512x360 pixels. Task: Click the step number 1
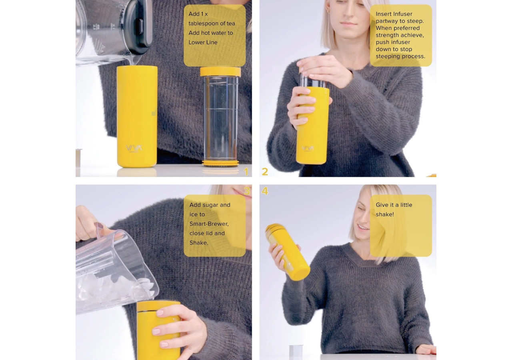246,172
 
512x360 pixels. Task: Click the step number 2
265,172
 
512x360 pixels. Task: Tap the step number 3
246,191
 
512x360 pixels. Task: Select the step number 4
265,191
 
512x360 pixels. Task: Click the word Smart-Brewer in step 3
209,224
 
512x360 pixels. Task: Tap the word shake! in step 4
385,214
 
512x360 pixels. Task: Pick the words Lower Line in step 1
203,42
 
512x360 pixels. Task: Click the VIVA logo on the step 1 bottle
134,148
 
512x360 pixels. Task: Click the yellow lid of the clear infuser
220,72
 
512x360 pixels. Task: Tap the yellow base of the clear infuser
220,163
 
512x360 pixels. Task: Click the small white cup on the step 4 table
296,350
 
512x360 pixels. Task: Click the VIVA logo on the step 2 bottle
308,148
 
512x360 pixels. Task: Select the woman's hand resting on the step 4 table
426,349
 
